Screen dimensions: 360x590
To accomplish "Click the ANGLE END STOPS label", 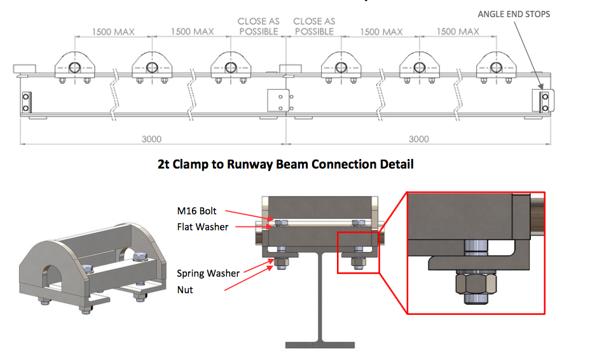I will tap(514, 14).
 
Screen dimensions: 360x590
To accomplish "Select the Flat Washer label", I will tap(202, 226).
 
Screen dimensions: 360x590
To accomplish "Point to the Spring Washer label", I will tap(208, 273).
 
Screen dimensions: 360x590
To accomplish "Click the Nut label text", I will tap(185, 289).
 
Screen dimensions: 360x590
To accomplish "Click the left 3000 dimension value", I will tap(151, 139).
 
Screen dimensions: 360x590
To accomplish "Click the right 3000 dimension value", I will tap(418, 139).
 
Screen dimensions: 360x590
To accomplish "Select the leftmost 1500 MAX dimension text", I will tap(113, 32).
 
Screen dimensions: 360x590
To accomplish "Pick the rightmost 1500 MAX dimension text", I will tap(458, 32).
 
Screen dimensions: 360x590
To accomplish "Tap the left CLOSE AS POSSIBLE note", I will tap(258, 26).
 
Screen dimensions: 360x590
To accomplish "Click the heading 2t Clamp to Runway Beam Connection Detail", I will tap(285, 165).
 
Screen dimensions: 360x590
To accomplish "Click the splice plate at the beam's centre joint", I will tap(278, 100).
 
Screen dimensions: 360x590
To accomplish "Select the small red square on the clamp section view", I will tap(357, 253).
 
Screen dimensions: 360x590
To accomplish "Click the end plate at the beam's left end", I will tap(25, 102).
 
